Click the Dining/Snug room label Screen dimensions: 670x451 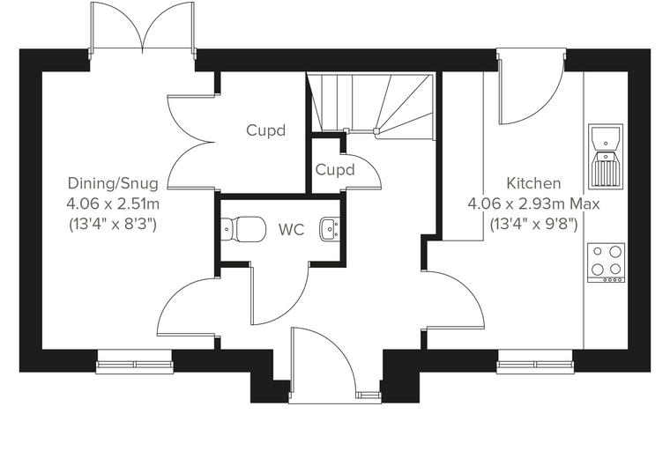click(113, 183)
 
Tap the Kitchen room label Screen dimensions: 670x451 click(533, 183)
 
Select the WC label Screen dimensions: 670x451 click(292, 230)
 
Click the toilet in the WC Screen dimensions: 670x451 click(244, 228)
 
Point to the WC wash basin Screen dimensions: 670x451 click(330, 228)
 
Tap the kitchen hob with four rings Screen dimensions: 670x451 click(606, 262)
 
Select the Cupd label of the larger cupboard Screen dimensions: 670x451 click(265, 130)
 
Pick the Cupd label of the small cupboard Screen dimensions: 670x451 click(335, 169)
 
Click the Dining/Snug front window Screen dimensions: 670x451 click(135, 361)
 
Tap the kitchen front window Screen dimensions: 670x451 click(535, 361)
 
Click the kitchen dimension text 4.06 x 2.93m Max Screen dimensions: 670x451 click(533, 203)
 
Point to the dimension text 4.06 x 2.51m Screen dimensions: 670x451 click(113, 203)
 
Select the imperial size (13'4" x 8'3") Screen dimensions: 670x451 click(113, 224)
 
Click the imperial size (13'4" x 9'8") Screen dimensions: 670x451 click(533, 224)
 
